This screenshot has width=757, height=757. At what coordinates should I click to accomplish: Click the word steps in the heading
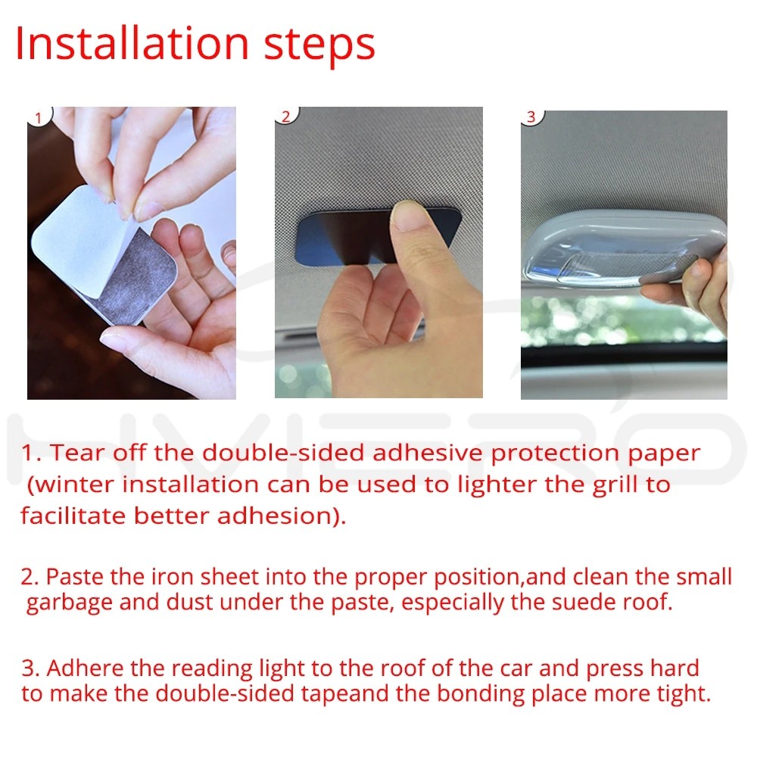tap(319, 48)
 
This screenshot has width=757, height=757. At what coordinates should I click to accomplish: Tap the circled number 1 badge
tap(39, 117)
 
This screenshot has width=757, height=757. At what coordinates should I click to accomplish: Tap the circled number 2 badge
tap(286, 115)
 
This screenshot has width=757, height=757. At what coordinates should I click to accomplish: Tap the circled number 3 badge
tap(531, 117)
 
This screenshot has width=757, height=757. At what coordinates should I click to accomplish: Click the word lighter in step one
tap(497, 484)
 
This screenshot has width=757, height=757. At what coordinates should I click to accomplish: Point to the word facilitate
tap(73, 516)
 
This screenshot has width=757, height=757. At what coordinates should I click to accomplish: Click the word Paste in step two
tap(74, 576)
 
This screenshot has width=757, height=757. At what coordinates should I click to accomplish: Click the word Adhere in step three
tap(85, 668)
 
